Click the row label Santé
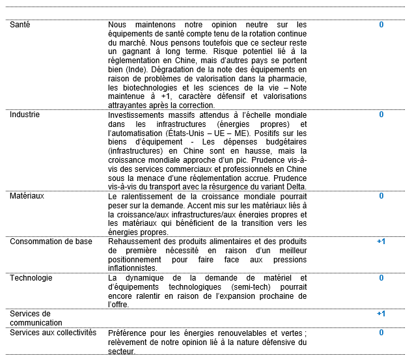(20, 25)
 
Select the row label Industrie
(24, 115)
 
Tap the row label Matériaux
(26, 196)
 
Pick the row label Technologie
(31, 277)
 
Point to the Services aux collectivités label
(53, 332)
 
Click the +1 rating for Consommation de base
(381, 242)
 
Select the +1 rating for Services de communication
(381, 314)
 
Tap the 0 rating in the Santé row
(381, 25)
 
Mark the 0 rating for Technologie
(381, 277)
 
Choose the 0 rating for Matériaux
(381, 196)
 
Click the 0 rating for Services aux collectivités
(381, 332)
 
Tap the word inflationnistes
(133, 268)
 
